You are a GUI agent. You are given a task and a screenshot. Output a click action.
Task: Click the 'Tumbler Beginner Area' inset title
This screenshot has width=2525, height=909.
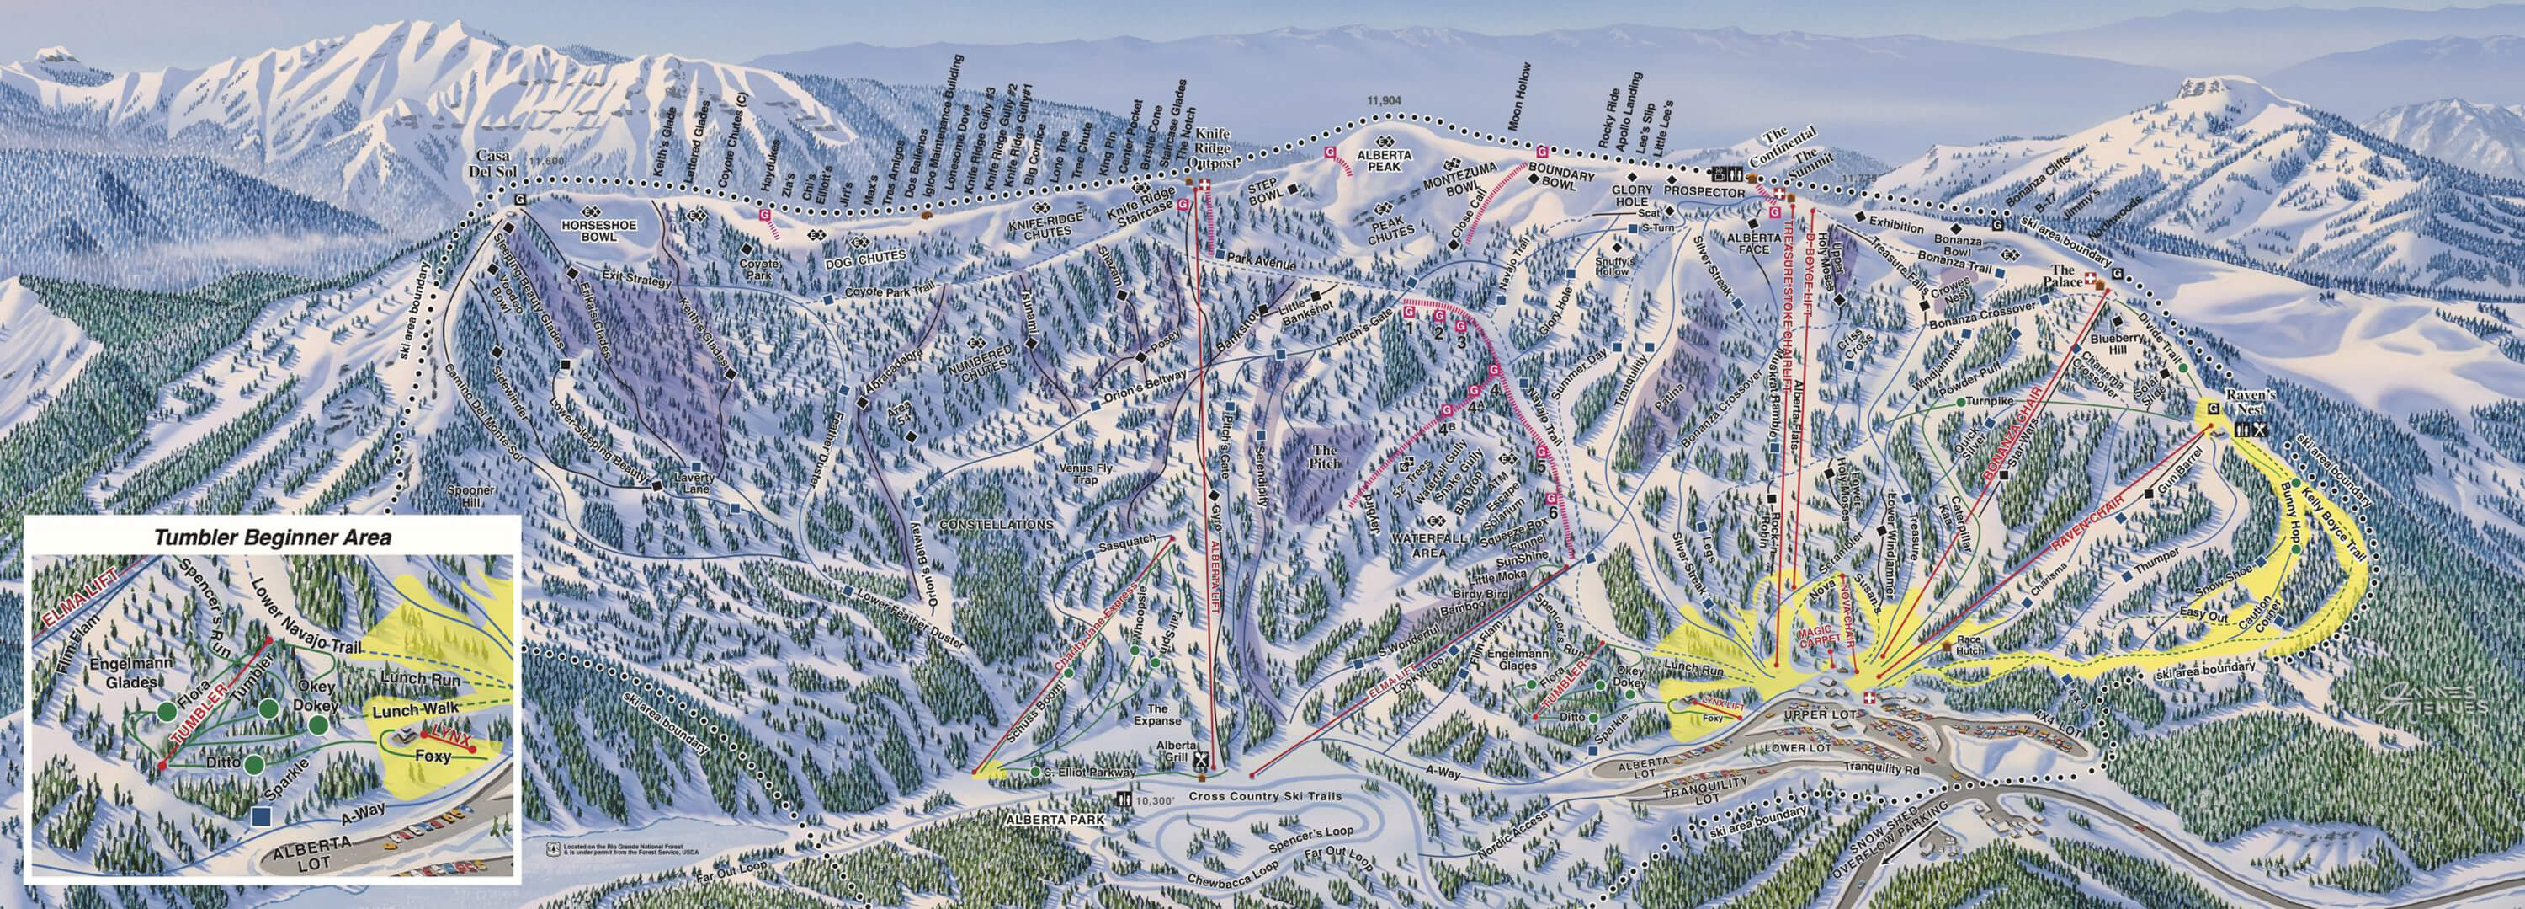pyautogui.click(x=273, y=537)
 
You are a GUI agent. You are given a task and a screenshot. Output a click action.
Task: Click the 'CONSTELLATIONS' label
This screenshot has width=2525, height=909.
pyautogui.click(x=996, y=525)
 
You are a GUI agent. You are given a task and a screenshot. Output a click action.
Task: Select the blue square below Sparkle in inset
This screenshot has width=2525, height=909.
pyautogui.click(x=261, y=814)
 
